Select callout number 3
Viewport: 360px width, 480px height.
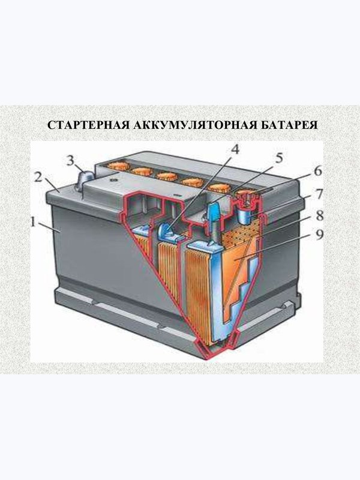[71, 160]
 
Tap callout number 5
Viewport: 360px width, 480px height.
[279, 158]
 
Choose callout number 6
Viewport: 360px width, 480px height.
[318, 171]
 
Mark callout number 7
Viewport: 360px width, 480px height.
[319, 193]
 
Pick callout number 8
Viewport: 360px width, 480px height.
[320, 215]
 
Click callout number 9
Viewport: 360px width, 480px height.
[319, 235]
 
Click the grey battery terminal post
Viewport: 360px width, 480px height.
[85, 179]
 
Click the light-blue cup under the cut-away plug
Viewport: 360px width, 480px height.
[247, 215]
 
